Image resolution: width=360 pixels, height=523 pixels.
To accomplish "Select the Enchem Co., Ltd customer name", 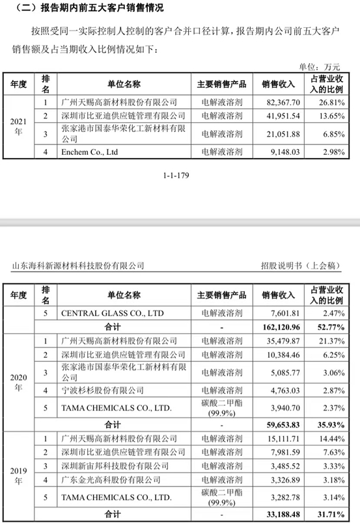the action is click(89, 152).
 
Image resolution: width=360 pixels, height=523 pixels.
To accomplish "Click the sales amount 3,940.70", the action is click(281, 409).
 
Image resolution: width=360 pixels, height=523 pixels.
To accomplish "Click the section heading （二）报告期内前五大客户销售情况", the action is click(85, 8).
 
